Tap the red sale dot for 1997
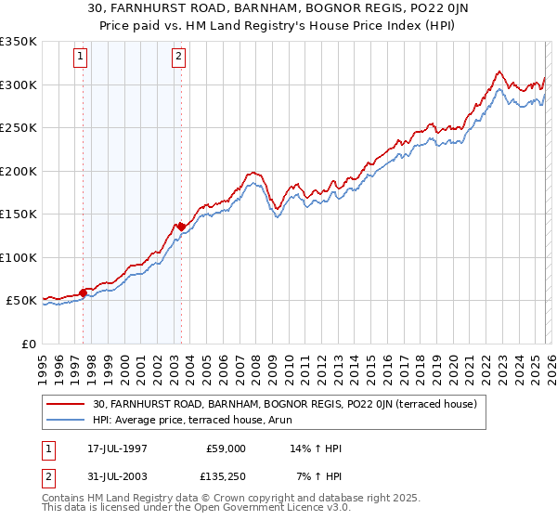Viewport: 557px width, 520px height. click(x=84, y=293)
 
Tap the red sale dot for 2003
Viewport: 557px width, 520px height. click(x=181, y=227)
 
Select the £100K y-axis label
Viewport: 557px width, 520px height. click(x=19, y=257)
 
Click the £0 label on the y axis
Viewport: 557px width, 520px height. click(x=28, y=344)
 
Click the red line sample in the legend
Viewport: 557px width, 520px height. click(x=67, y=404)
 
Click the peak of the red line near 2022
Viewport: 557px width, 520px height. click(x=499, y=71)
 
